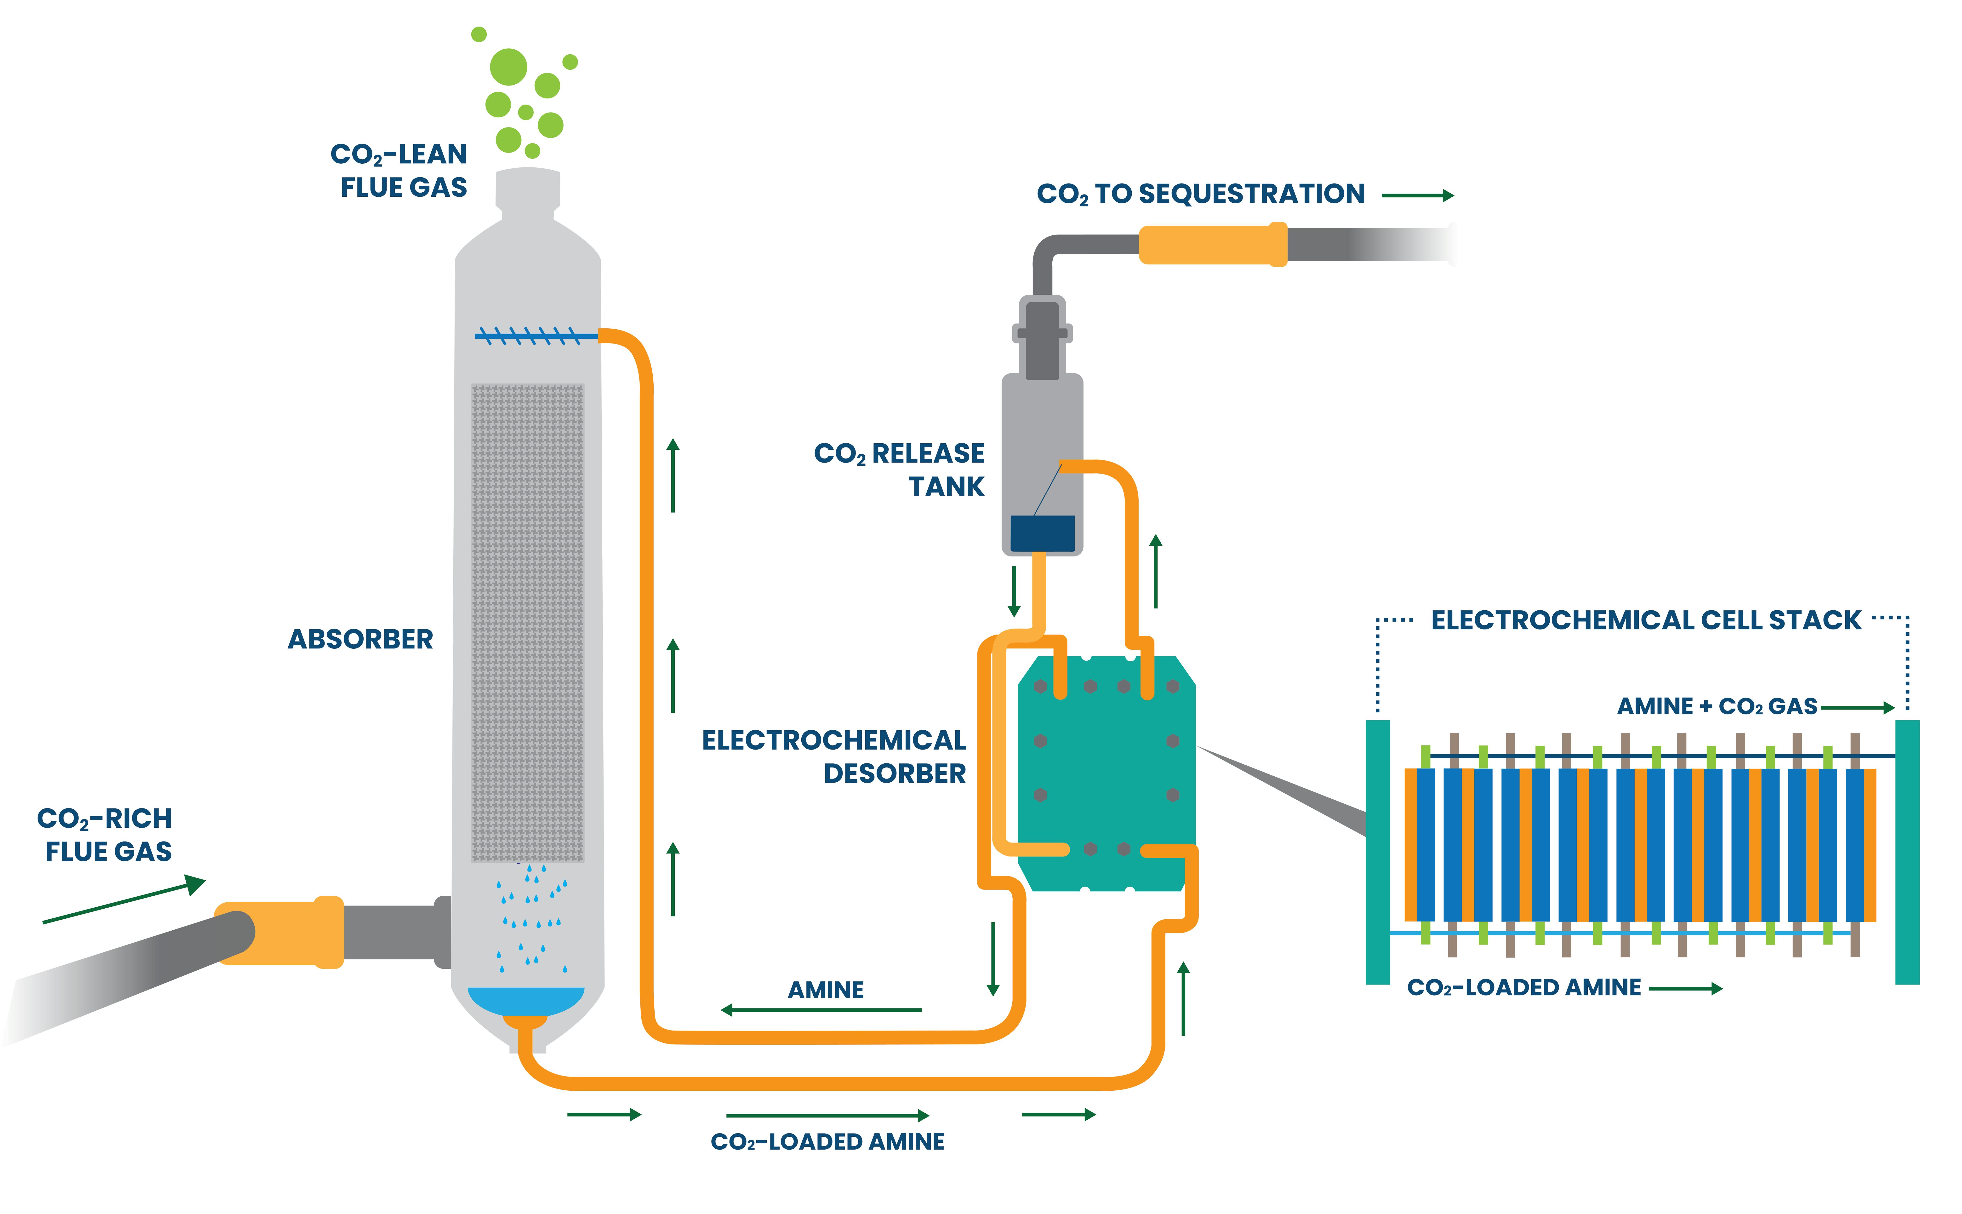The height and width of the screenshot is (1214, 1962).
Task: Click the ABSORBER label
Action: (360, 639)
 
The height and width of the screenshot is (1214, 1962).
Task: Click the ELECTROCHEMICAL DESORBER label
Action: (835, 756)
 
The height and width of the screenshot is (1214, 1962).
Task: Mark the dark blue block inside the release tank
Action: (1042, 533)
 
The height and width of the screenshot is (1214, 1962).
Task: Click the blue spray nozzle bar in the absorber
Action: (534, 336)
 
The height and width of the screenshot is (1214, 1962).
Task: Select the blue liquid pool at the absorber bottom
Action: (526, 1000)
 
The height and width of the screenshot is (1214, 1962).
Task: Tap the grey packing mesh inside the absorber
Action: (527, 622)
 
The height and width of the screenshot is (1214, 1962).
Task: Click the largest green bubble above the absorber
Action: (508, 67)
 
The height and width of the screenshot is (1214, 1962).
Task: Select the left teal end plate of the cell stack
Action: (1378, 851)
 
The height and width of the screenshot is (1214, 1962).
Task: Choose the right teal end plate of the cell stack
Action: (1907, 851)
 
